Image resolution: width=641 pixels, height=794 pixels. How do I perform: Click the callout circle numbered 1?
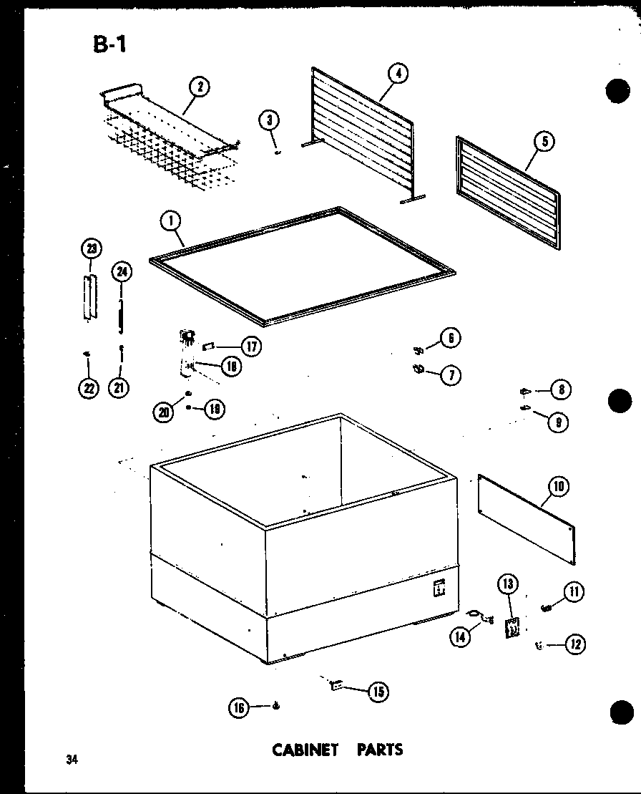171,222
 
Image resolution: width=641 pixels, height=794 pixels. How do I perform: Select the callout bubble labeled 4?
398,73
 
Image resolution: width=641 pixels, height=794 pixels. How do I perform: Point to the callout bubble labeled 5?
544,142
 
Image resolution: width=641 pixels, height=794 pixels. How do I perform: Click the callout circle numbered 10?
558,487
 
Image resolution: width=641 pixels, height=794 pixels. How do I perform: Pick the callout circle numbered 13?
507,584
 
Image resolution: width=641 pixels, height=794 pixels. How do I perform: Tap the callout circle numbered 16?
238,707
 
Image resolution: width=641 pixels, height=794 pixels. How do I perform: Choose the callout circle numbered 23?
92,249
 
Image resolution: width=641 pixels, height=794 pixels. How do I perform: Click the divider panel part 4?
361,136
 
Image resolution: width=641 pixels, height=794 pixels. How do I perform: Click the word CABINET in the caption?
305,750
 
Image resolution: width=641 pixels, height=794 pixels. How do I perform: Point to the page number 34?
70,760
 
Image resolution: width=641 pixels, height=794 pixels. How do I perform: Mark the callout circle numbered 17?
250,347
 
